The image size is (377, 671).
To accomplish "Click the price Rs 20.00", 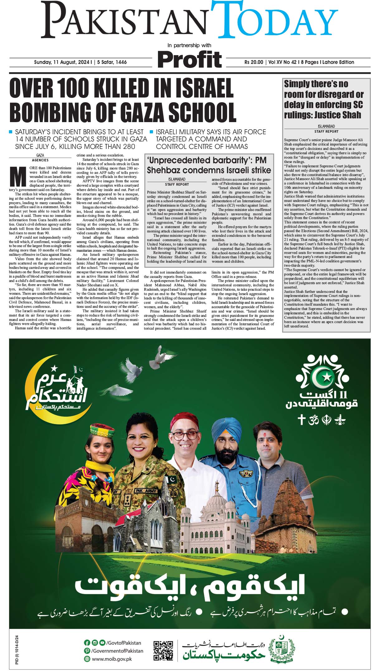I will (x=254, y=62).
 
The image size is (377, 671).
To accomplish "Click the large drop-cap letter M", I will (x=18, y=177).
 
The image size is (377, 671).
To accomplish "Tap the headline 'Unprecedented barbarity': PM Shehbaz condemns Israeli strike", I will (x=208, y=165).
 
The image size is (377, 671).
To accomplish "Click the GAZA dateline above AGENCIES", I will (x=40, y=155).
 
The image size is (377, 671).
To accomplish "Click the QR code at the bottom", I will (x=164, y=650).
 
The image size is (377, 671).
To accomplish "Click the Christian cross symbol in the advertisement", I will (x=301, y=420).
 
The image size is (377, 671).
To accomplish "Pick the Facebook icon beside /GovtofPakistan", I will (x=87, y=643).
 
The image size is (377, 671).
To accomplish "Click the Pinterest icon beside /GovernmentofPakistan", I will (x=87, y=651).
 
